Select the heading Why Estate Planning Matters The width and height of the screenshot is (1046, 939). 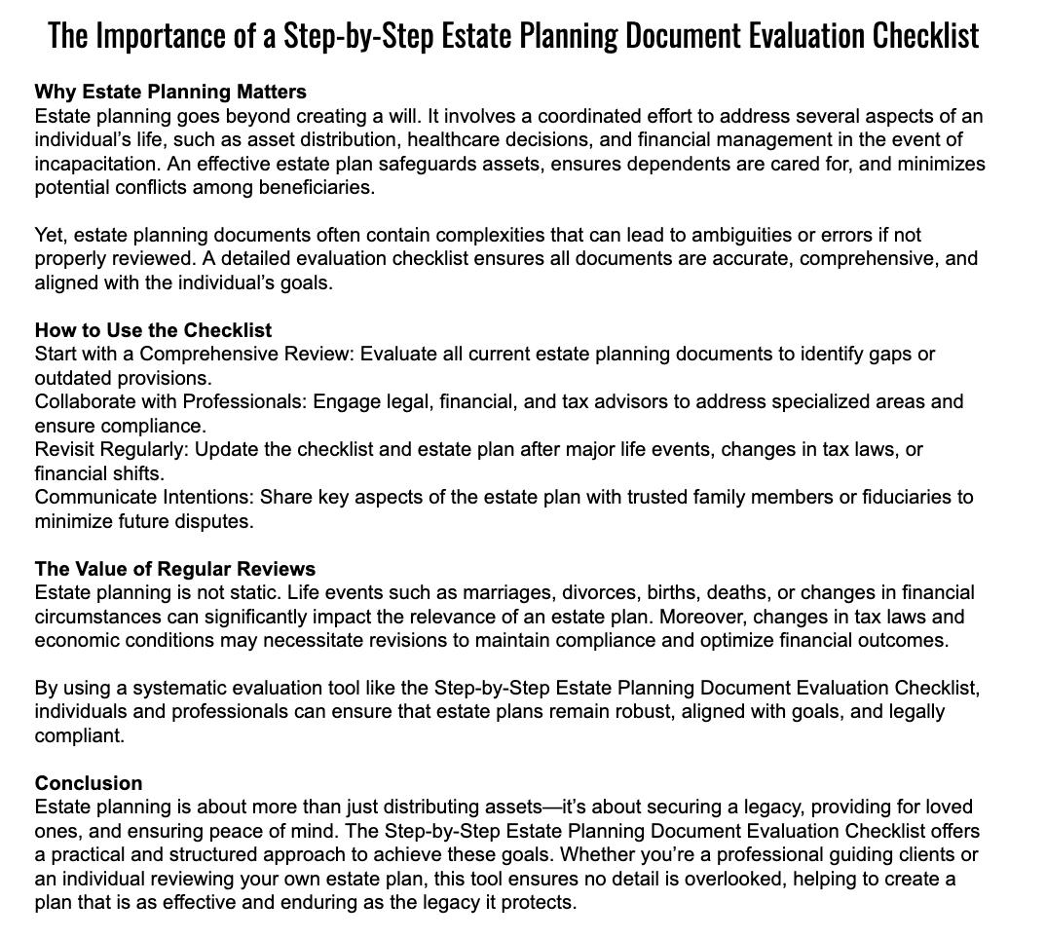(170, 92)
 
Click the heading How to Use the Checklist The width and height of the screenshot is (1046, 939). (153, 330)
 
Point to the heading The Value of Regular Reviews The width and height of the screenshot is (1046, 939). (175, 569)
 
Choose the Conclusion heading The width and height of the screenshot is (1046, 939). (89, 783)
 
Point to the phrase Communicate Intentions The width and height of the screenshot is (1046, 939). (145, 497)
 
